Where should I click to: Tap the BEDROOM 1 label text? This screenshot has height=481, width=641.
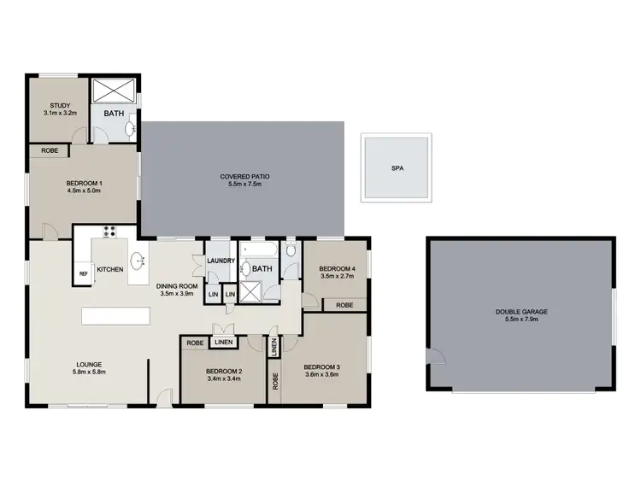pos(84,183)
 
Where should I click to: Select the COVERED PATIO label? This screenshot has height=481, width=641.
pos(244,176)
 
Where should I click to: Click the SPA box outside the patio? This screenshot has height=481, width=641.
pos(396,168)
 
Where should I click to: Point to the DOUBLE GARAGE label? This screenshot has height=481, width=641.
pos(520,312)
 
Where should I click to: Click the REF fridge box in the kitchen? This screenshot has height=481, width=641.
pos(84,273)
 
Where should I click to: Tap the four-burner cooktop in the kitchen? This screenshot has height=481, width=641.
pos(109,230)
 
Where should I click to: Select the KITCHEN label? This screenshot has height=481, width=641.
pos(110,270)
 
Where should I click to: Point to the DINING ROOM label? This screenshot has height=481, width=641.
pos(179,286)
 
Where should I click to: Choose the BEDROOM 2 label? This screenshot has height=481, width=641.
pos(223,370)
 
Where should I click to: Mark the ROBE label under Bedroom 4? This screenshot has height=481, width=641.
pos(344,305)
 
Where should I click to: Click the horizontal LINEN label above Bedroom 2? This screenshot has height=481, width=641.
pos(223,343)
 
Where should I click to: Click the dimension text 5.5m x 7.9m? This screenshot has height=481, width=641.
pos(520,320)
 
